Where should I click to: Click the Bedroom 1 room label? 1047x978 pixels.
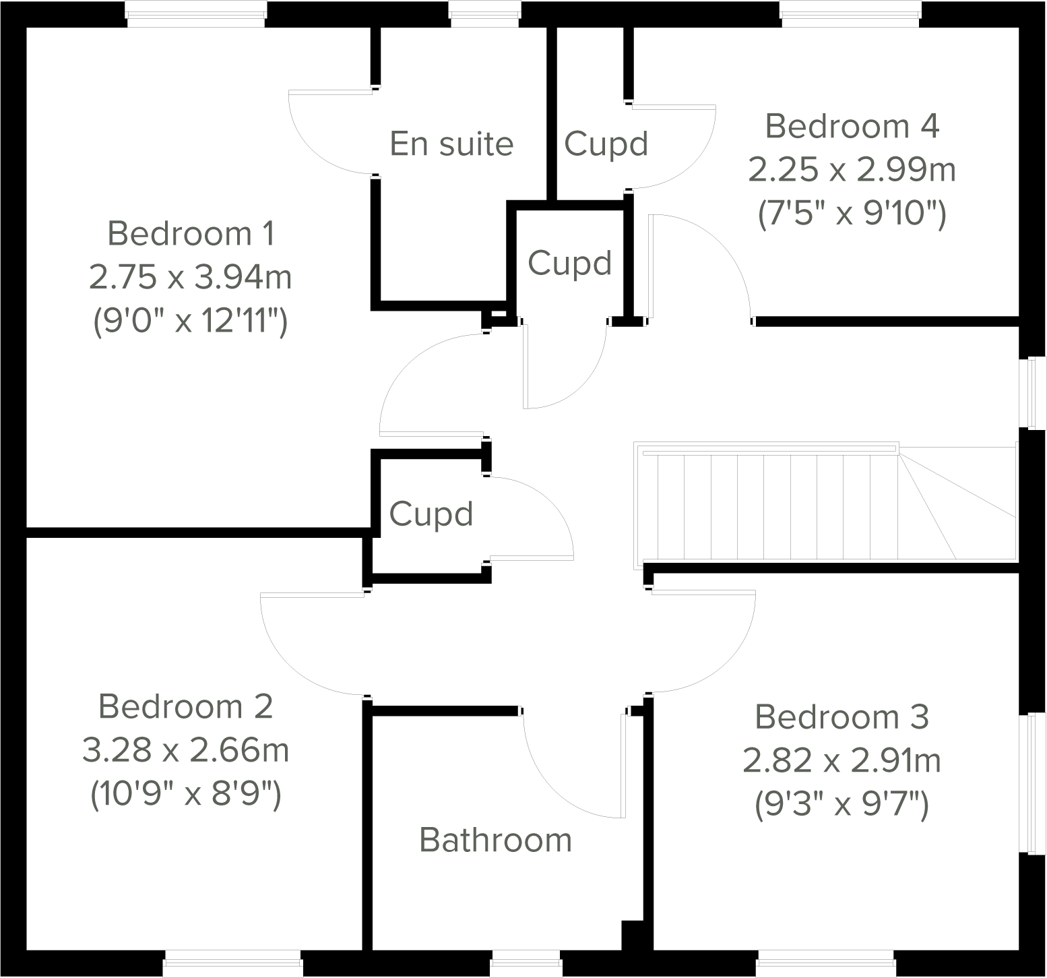191,234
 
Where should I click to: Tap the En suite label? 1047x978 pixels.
451,144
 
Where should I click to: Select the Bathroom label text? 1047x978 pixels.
495,840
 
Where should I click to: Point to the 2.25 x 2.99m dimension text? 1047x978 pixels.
852,170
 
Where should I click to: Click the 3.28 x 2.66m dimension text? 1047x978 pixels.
185,750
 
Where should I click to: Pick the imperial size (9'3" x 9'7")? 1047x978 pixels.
842,805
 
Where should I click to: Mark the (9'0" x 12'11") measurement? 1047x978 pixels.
191,322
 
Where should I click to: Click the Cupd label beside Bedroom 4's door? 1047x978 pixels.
606,144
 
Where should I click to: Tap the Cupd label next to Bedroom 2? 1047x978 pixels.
431,514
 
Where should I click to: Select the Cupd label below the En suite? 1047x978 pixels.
569,263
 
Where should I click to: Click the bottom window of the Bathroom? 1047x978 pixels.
526,963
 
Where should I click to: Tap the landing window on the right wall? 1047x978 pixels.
1032,394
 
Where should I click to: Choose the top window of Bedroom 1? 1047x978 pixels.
197,13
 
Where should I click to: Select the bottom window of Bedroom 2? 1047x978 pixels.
232,963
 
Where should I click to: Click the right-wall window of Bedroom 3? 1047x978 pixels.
1032,784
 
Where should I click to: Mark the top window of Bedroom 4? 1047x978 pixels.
850,13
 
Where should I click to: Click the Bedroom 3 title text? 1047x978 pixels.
842,716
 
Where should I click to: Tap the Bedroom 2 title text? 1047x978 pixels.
185,706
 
